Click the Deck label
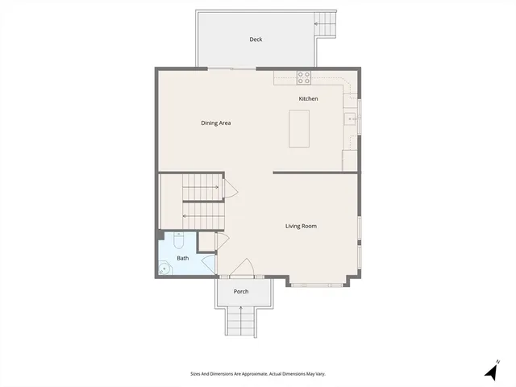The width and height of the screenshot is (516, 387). click(256, 40)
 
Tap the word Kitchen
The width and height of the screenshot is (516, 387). click(308, 98)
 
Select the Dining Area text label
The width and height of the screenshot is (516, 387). click(216, 123)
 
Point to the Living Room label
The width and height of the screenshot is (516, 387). click(301, 226)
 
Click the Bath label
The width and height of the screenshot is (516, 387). click(183, 258)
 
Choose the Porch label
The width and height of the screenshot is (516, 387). click(241, 291)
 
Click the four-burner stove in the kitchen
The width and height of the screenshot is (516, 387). click(304, 77)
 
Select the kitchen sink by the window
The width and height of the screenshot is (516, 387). click(351, 120)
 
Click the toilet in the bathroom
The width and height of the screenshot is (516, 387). click(179, 239)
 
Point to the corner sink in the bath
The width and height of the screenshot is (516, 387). click(166, 269)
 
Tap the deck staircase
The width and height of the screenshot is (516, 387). click(326, 23)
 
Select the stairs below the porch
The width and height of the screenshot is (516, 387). click(241, 322)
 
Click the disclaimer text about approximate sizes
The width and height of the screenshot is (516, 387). click(257, 374)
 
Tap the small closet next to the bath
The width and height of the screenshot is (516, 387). click(206, 241)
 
